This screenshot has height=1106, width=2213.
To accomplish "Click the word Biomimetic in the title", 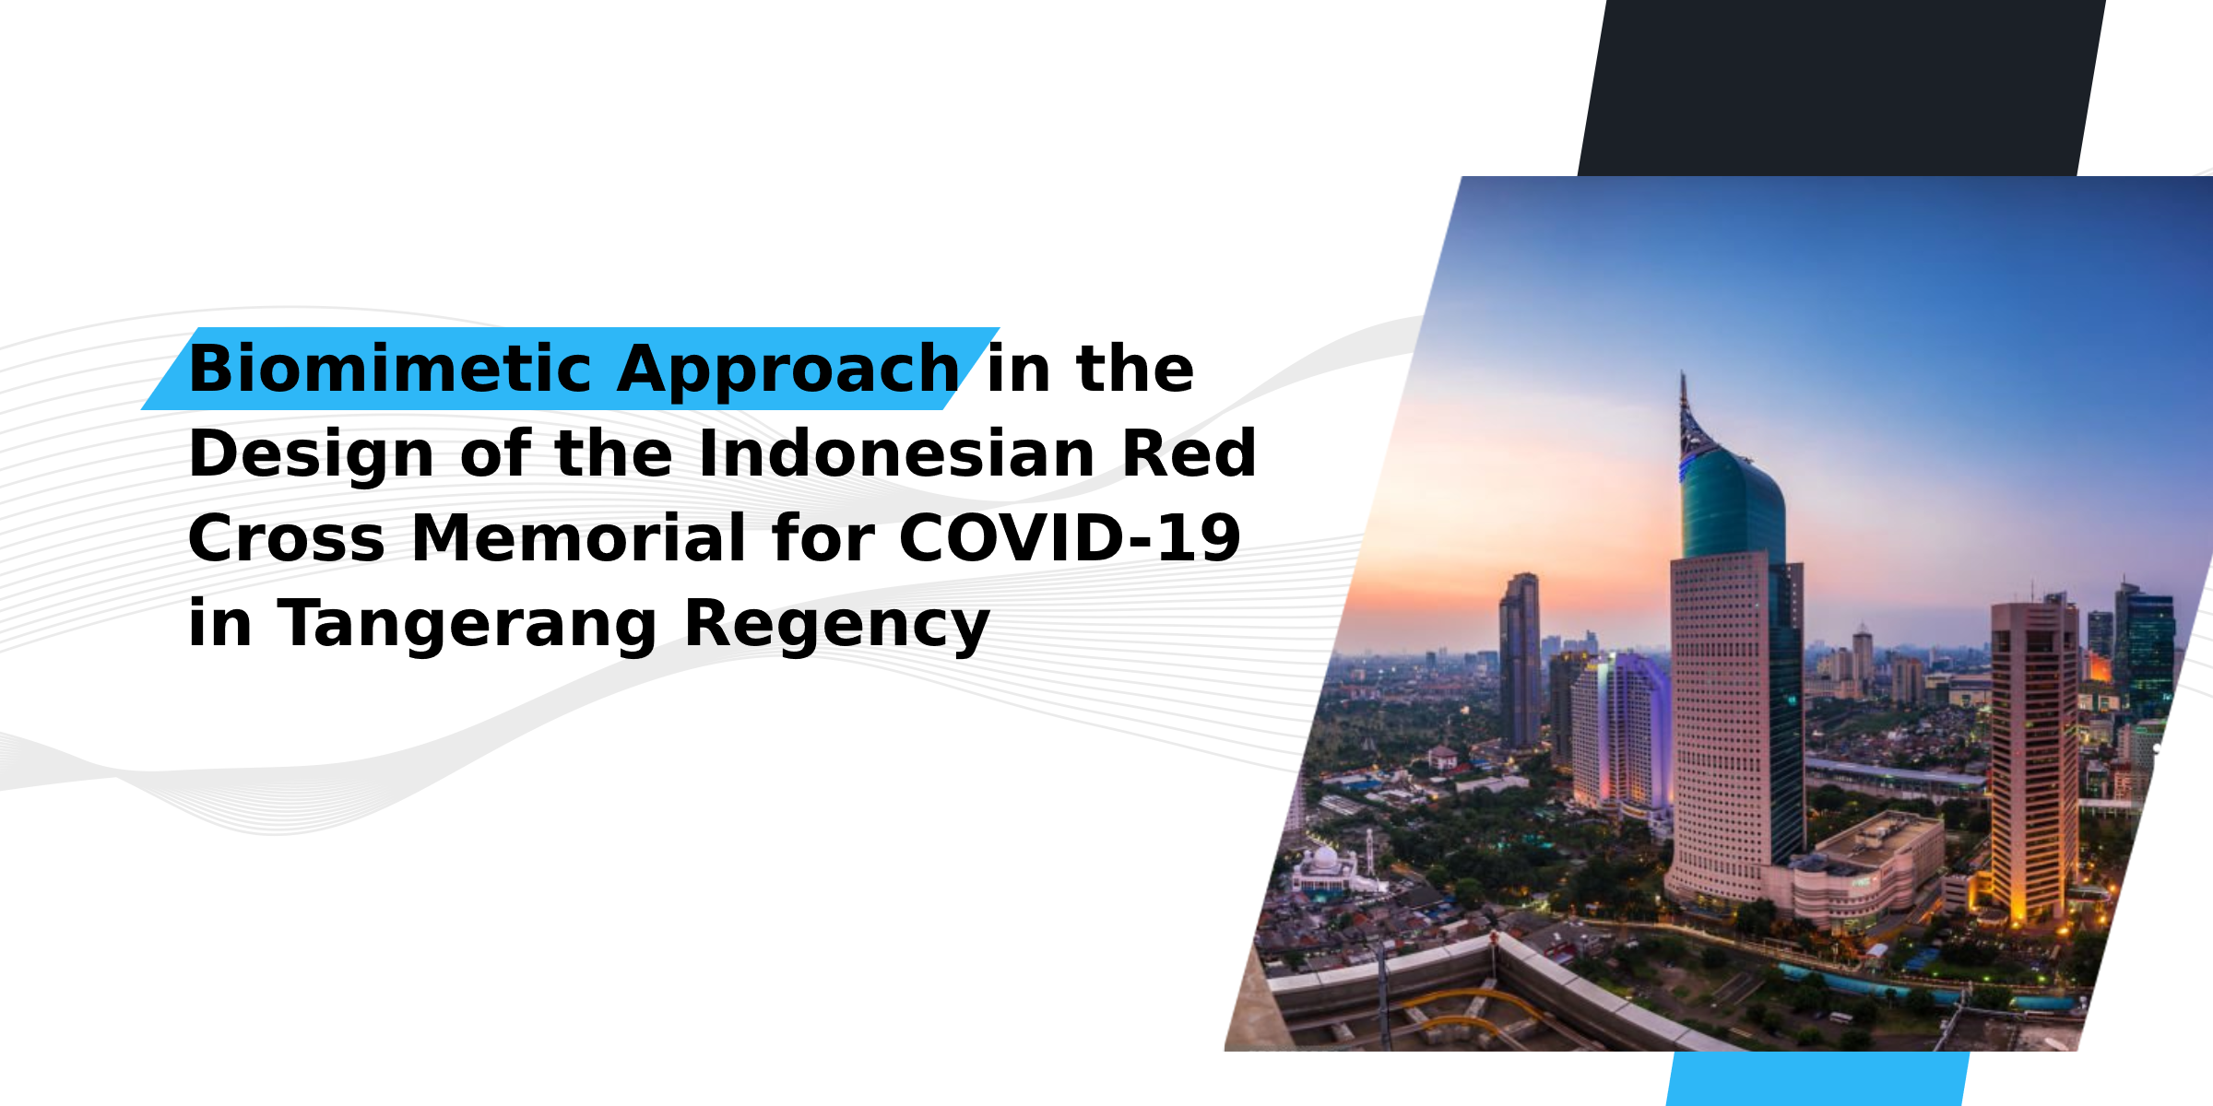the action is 390,369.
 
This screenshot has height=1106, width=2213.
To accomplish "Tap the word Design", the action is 311,454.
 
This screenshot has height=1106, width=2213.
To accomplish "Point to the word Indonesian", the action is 896,453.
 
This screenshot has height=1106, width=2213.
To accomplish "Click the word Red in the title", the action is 1189,453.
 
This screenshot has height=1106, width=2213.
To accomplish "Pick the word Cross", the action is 287,538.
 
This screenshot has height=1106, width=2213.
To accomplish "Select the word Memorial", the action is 578,538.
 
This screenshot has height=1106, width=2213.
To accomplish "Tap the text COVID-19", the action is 1070,538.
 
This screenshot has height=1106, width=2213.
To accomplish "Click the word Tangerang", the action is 467,625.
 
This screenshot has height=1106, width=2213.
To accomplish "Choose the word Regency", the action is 836,625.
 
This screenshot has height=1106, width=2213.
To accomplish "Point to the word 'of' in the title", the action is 495,453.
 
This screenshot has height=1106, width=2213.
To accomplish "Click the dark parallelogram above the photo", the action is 1841,88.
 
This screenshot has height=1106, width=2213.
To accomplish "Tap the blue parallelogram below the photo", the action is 1817,1078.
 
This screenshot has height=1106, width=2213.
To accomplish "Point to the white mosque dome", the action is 1324,858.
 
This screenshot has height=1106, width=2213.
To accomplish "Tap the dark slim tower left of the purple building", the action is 1520,660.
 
